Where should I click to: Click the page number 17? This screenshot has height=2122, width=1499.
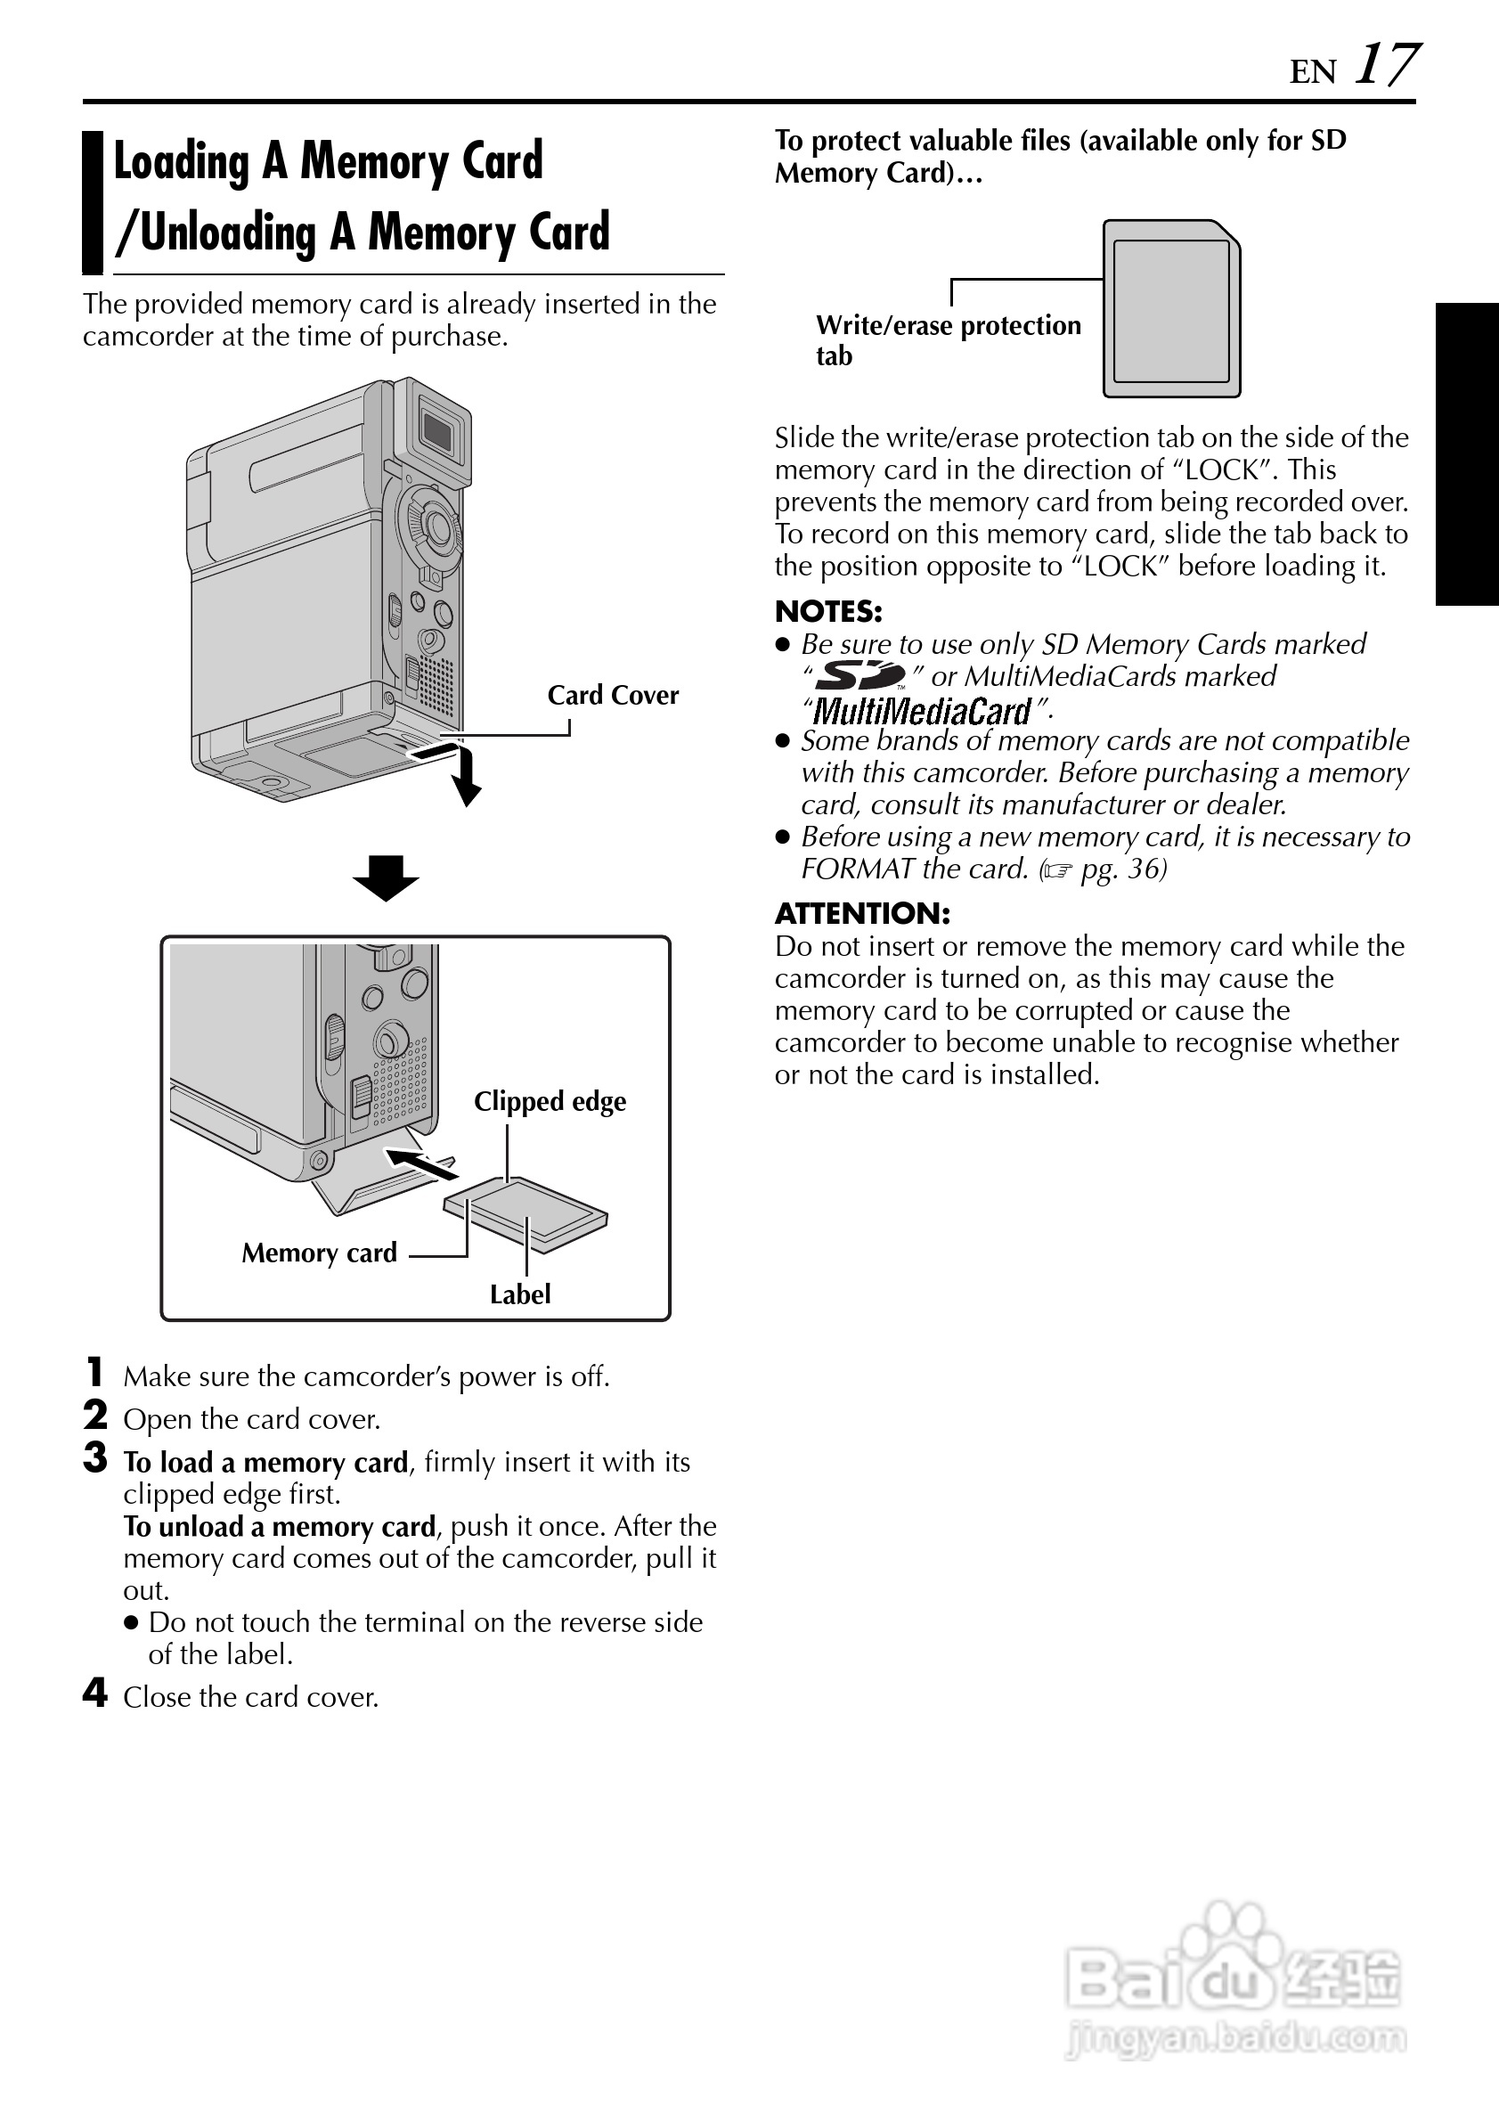tap(1385, 66)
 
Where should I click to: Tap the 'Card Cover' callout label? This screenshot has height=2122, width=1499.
tap(612, 695)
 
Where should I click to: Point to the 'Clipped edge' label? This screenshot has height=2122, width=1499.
tap(550, 1101)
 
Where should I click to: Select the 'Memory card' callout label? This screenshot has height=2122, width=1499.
tap(319, 1253)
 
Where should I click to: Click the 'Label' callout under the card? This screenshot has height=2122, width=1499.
tap(519, 1294)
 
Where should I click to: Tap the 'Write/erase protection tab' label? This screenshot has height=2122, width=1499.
tap(948, 339)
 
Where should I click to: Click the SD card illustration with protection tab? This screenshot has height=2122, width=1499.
tap(1171, 309)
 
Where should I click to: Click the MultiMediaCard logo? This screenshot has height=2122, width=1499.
tap(921, 711)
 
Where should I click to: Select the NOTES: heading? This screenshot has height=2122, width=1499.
tap(828, 611)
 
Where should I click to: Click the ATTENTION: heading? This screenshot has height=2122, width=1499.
tap(861, 913)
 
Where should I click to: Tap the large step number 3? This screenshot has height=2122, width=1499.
tap(95, 1458)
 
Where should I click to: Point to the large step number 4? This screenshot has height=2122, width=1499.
tap(95, 1694)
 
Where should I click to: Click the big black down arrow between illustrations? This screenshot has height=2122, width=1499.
tap(386, 877)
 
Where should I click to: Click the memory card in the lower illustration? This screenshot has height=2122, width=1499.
tap(525, 1214)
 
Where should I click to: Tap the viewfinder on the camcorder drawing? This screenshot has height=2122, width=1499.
tap(436, 429)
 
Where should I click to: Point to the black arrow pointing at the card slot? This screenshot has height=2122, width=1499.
tap(420, 1163)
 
